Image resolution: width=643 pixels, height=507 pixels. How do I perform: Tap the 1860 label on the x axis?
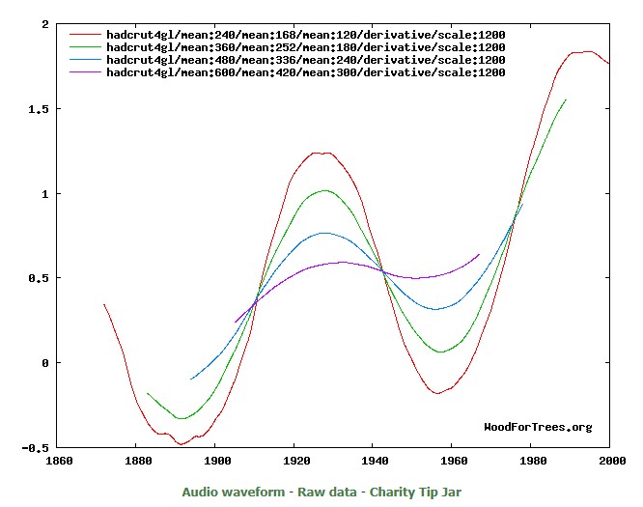pos(60,462)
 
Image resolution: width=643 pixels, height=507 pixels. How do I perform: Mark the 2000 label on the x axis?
pos(609,462)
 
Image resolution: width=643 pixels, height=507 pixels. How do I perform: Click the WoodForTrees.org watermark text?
pos(538,427)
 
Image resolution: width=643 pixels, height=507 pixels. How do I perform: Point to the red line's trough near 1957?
pos(438,393)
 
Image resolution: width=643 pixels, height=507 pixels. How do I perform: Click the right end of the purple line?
pos(479,254)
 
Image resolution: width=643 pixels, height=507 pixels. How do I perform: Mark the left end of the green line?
pos(147,393)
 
